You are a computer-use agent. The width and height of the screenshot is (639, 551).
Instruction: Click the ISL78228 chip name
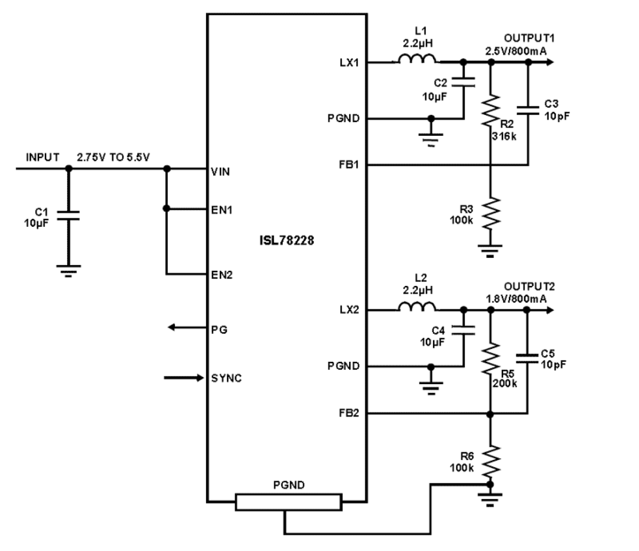[x=286, y=240]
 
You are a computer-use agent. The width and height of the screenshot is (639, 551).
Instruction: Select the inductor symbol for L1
[x=417, y=60]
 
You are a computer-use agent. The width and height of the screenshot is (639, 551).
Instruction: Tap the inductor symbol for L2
[x=417, y=307]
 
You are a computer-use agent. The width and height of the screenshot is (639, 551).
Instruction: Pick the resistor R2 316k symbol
[x=491, y=111]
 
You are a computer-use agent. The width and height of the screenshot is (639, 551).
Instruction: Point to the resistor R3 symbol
[x=491, y=214]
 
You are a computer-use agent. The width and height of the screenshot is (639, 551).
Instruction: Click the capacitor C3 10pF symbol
[x=528, y=110]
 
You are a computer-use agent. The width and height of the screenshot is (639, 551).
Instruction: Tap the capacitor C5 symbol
[x=527, y=358]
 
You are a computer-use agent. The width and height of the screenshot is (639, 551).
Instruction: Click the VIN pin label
[x=220, y=172]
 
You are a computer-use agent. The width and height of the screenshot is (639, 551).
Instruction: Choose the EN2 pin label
[x=222, y=275]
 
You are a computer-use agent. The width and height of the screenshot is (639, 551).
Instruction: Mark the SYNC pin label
[x=226, y=379]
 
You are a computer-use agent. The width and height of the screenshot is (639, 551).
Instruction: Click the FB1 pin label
[x=349, y=165]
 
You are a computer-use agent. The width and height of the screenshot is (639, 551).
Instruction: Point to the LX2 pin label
[x=349, y=310]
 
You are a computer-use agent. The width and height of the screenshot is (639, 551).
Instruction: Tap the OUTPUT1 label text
[x=529, y=38]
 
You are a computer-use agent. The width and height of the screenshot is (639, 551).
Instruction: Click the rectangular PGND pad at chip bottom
[x=288, y=502]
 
